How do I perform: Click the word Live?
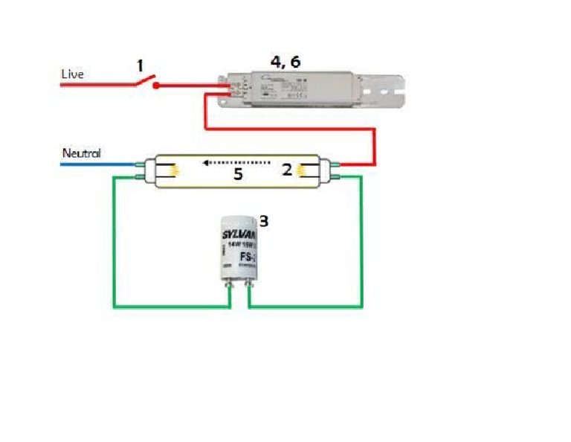coord(72,74)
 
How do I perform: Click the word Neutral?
coord(81,153)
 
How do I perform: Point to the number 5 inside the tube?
coord(238,174)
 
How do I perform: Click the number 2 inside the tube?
coord(286,169)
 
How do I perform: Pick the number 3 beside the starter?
coord(262,220)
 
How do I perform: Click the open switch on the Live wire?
coord(146,80)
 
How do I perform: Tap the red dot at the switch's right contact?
coord(157,85)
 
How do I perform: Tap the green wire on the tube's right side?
coord(362,238)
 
